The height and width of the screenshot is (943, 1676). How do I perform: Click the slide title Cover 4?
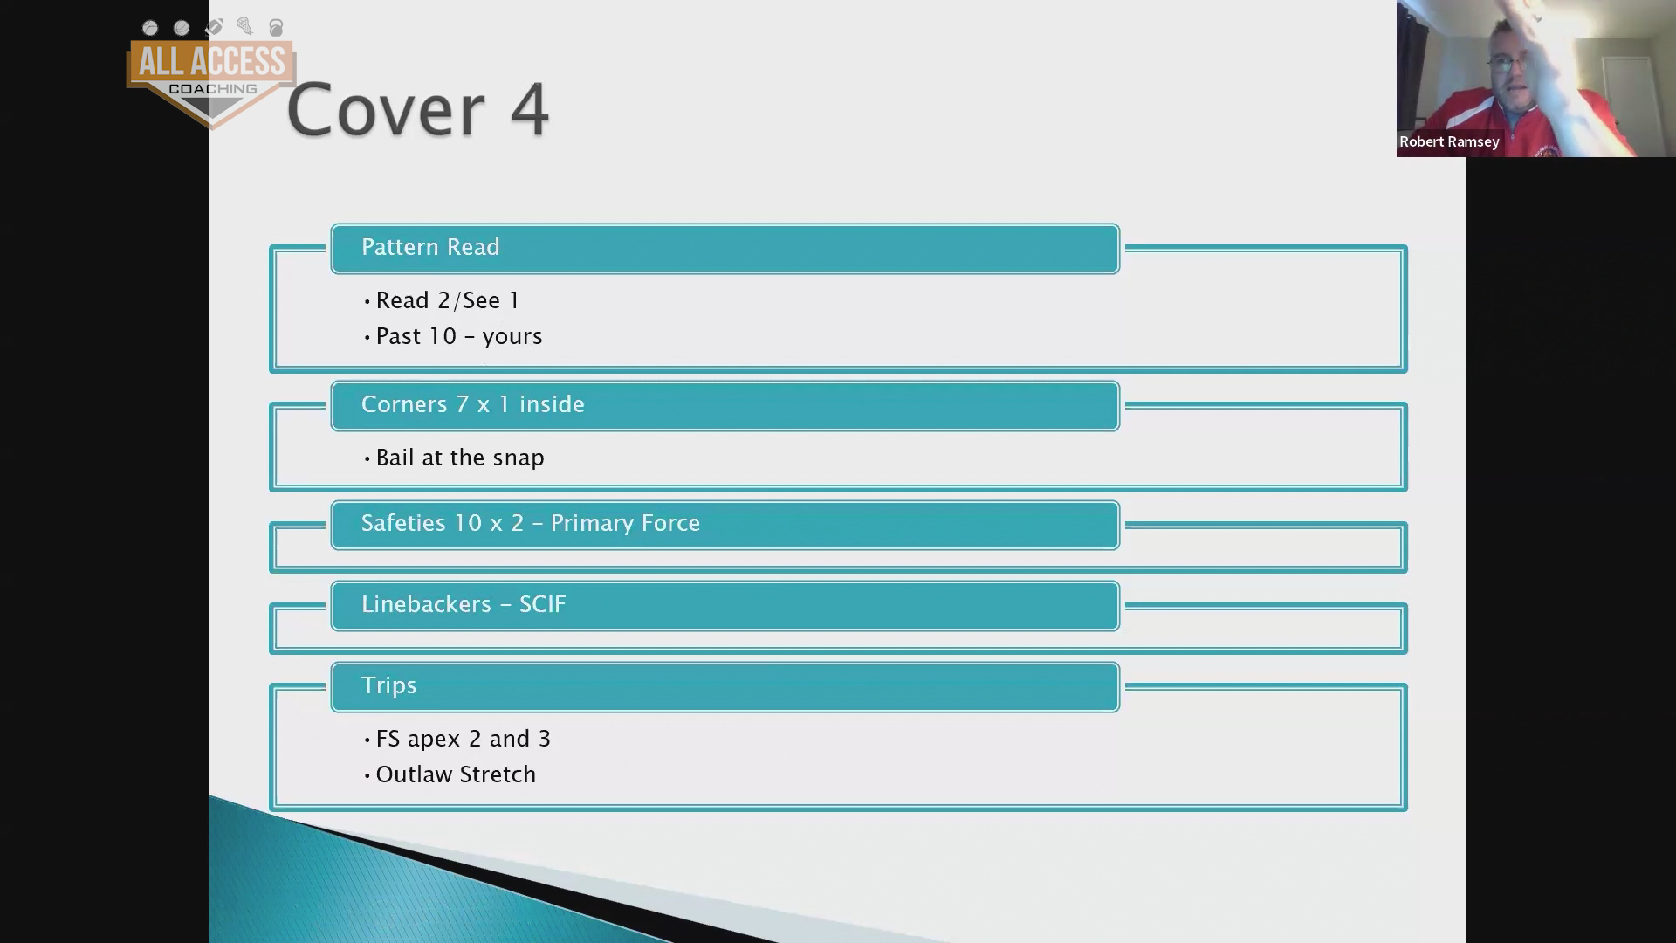pyautogui.click(x=417, y=110)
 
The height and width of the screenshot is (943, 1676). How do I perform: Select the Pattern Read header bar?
pyautogui.click(x=725, y=249)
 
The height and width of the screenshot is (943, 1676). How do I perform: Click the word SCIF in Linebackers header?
pyautogui.click(x=543, y=604)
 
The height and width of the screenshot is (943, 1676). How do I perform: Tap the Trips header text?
pyautogui.click(x=388, y=686)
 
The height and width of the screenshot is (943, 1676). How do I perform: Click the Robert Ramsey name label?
pyautogui.click(x=1449, y=141)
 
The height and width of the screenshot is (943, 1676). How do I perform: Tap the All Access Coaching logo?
pyautogui.click(x=211, y=75)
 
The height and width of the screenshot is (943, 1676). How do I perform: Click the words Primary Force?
pyautogui.click(x=625, y=523)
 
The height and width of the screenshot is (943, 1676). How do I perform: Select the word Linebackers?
pyautogui.click(x=426, y=604)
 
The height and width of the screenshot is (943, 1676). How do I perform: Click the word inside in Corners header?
pyautogui.click(x=552, y=404)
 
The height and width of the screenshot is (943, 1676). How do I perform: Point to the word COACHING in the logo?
pyautogui.click(x=212, y=89)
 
